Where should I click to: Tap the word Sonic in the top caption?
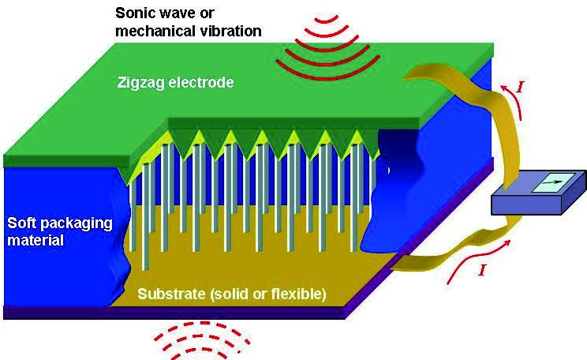134,13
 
